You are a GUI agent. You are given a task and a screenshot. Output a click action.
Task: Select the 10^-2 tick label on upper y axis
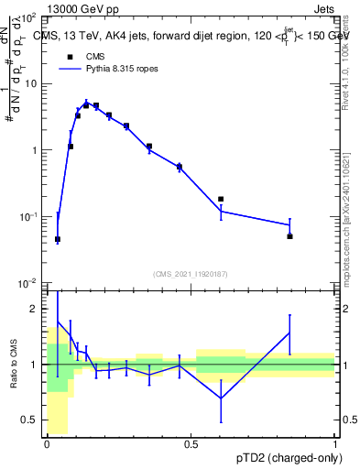(27, 283)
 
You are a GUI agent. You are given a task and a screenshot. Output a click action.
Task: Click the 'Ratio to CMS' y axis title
(15, 365)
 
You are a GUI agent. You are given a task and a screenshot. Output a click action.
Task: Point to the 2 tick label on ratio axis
(35, 310)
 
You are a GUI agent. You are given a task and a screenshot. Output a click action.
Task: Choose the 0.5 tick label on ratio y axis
(30, 420)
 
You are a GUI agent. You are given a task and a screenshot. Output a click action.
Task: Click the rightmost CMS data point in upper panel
(289, 236)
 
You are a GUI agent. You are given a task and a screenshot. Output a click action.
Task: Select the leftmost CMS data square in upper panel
(58, 239)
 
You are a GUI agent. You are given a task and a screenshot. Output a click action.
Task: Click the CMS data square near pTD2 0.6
(221, 199)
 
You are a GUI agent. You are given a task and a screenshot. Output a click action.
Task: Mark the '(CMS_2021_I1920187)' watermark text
(191, 273)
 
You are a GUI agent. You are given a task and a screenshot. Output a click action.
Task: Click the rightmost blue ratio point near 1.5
(289, 333)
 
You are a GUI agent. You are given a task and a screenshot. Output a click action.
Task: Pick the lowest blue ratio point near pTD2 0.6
(221, 398)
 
